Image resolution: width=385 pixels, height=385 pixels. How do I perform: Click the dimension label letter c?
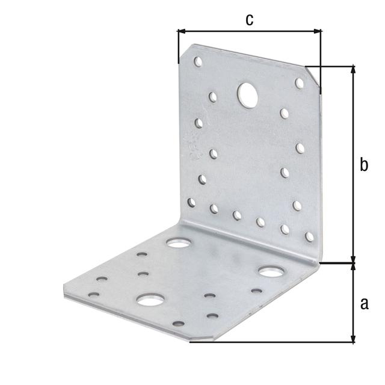[x=249, y=19]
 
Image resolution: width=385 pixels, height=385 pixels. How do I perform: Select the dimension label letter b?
[x=363, y=165]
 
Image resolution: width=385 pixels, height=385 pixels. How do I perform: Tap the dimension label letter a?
[x=363, y=304]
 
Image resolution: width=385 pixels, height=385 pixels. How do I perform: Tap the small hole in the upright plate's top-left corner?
[x=197, y=61]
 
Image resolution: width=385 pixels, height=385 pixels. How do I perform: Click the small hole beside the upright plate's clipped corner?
[x=299, y=82]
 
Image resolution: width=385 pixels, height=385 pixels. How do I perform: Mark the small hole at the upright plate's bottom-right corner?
[x=309, y=237]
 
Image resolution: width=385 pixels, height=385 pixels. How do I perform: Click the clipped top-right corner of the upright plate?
[x=313, y=75]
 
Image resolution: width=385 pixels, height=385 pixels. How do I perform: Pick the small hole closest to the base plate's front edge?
[x=178, y=324]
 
